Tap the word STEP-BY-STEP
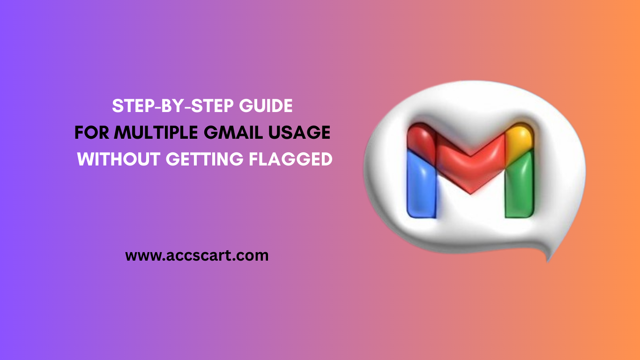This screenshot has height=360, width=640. click(172, 107)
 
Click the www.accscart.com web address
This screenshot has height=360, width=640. click(197, 256)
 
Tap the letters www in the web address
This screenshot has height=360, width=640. click(140, 256)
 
